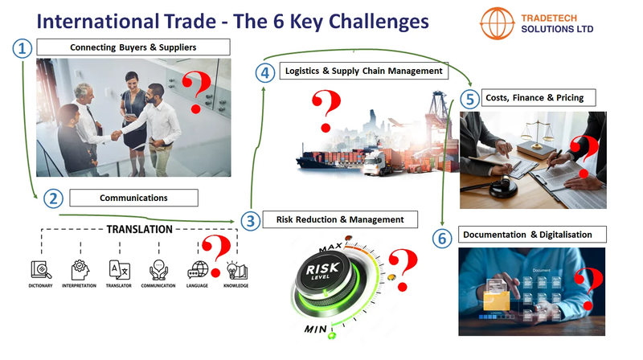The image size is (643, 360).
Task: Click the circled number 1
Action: coord(23,49)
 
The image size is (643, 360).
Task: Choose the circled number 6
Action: coord(440,238)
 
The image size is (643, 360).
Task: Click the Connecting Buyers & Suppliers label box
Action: coord(133,47)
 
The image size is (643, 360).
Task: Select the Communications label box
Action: coord(133,198)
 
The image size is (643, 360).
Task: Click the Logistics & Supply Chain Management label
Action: coord(363,71)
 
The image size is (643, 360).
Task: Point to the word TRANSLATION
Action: coord(139,230)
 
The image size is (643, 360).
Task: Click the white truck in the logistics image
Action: coord(374,163)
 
